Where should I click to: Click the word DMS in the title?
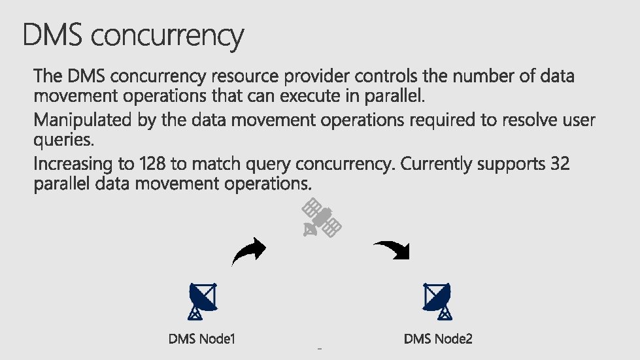pyautogui.click(x=53, y=35)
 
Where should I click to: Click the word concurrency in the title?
pyautogui.click(x=167, y=37)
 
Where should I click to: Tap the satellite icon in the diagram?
pyautogui.click(x=322, y=218)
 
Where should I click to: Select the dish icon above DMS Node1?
pyautogui.click(x=202, y=301)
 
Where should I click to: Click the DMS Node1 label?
pyautogui.click(x=202, y=339)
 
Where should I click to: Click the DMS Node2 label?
pyautogui.click(x=438, y=339)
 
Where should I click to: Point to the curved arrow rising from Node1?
pyautogui.click(x=249, y=251)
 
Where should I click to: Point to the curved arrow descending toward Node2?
pyautogui.click(x=392, y=249)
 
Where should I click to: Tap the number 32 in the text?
pyautogui.click(x=560, y=164)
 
